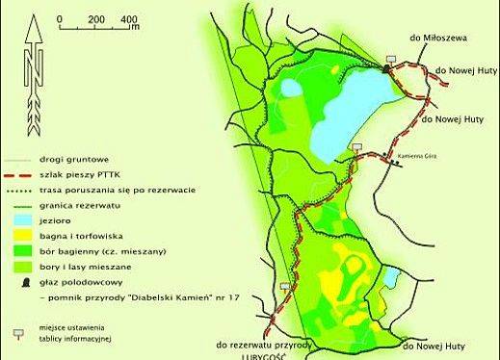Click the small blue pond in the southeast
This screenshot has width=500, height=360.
(390, 278)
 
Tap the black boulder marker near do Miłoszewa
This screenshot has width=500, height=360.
(386, 67)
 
